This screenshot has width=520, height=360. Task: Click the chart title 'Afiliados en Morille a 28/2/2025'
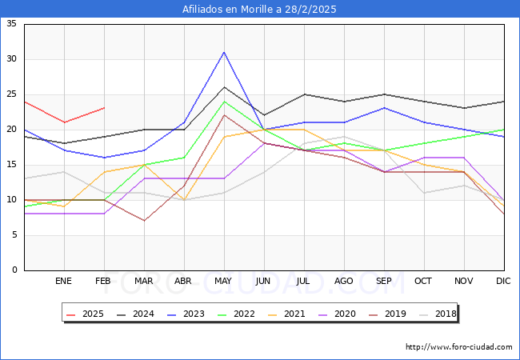click(x=259, y=10)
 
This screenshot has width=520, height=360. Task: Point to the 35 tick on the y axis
click(x=11, y=24)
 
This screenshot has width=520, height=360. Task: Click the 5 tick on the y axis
click(x=14, y=235)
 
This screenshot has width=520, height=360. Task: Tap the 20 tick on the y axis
click(x=11, y=130)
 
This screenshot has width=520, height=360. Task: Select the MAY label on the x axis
click(x=224, y=282)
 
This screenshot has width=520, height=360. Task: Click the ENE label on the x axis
click(x=64, y=282)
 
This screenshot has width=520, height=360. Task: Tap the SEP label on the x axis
click(x=384, y=282)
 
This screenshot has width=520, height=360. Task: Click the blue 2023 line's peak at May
click(x=224, y=52)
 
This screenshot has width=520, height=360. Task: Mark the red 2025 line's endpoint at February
click(x=104, y=108)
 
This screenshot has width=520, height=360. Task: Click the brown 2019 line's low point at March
click(x=144, y=221)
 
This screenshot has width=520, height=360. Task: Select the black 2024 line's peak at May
click(x=224, y=87)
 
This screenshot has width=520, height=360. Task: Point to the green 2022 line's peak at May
click(x=224, y=102)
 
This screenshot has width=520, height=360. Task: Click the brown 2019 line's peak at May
click(x=224, y=115)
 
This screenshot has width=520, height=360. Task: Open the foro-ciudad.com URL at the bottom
click(x=458, y=347)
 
